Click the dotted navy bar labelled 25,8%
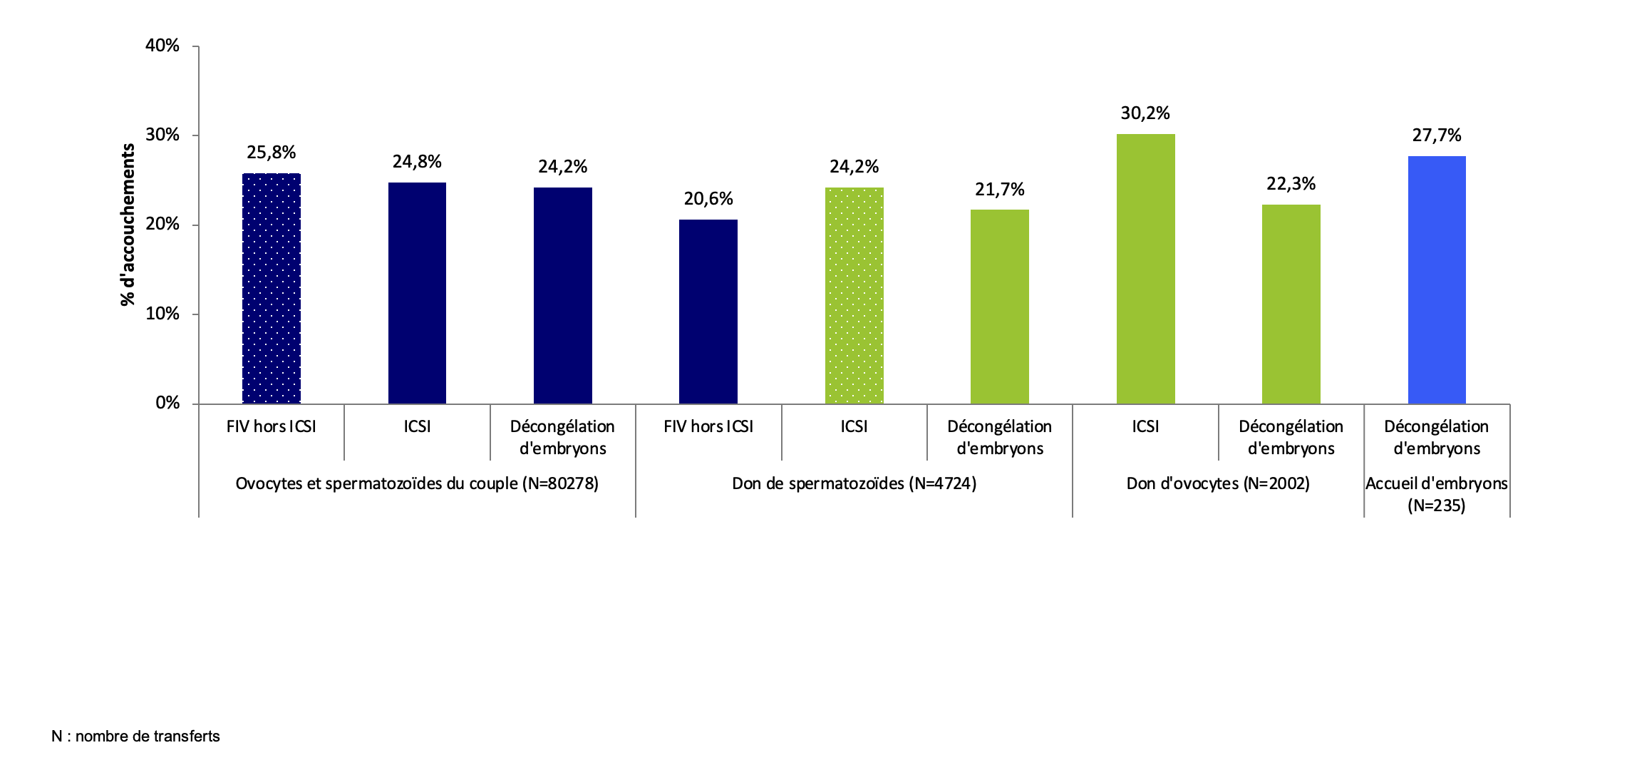[272, 289]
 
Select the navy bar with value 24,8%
[417, 293]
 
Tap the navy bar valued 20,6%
[708, 312]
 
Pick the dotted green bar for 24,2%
[854, 296]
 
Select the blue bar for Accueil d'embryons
[1437, 280]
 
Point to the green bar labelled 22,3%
[1291, 304]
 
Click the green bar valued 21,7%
[999, 307]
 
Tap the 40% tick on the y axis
[162, 46]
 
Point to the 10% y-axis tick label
[162, 314]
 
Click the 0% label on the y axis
[167, 403]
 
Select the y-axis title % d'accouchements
[128, 225]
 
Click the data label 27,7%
[1437, 135]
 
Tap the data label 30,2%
[1145, 113]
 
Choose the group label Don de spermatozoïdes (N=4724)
[854, 483]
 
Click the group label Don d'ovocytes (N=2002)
[1218, 483]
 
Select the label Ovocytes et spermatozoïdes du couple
[417, 483]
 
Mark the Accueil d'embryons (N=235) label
[1437, 494]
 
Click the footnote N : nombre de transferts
[135, 736]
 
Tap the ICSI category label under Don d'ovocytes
[1145, 426]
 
